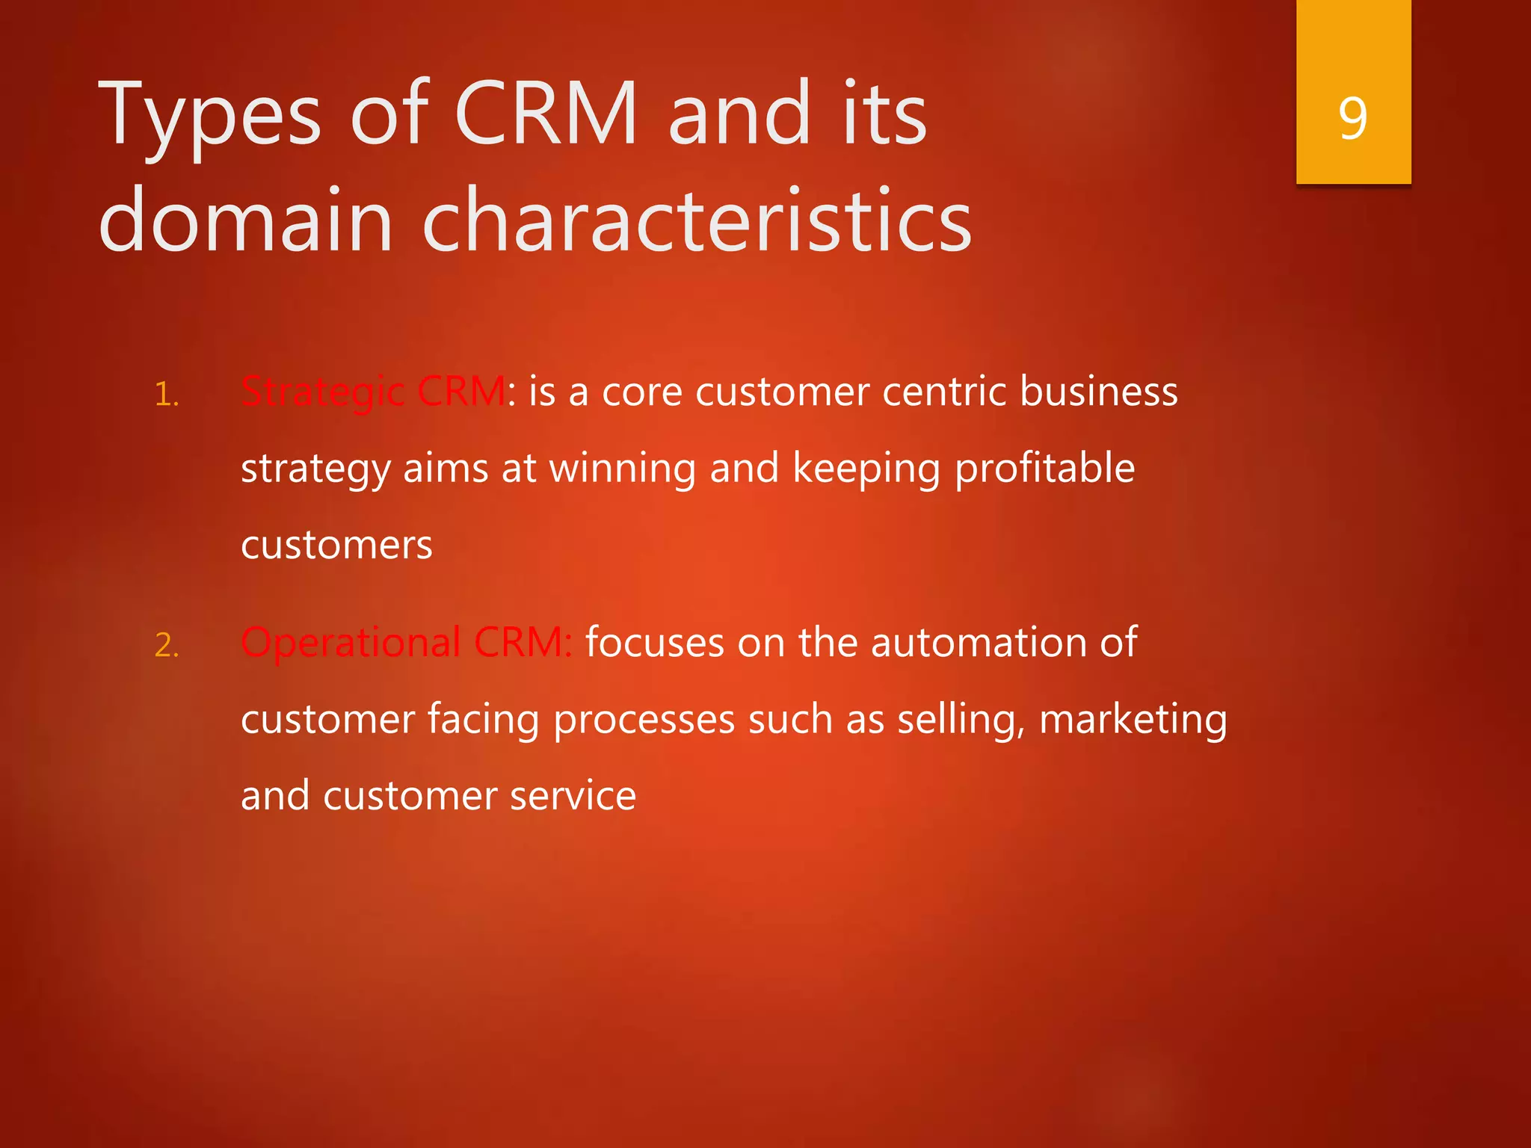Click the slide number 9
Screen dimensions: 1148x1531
point(1353,118)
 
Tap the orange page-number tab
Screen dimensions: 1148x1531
point(1353,45)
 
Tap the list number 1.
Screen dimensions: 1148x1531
point(166,395)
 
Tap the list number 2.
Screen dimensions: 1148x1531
point(166,645)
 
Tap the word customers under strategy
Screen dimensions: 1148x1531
point(336,545)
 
